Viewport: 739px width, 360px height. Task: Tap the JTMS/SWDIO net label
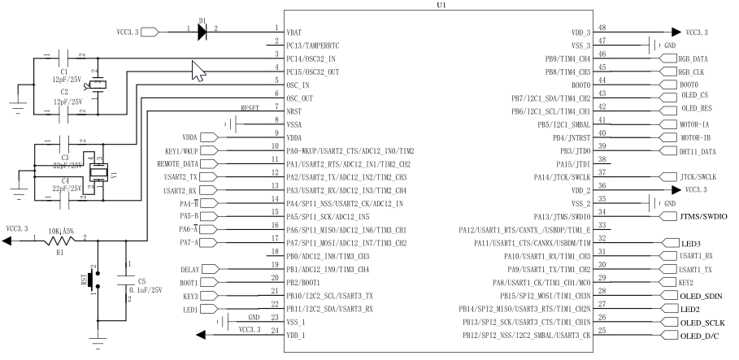tap(703, 217)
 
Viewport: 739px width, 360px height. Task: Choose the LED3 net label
tap(691, 242)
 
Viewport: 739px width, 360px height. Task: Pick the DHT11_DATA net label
tap(698, 151)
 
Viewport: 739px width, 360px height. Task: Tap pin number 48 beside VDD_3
tap(602, 27)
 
